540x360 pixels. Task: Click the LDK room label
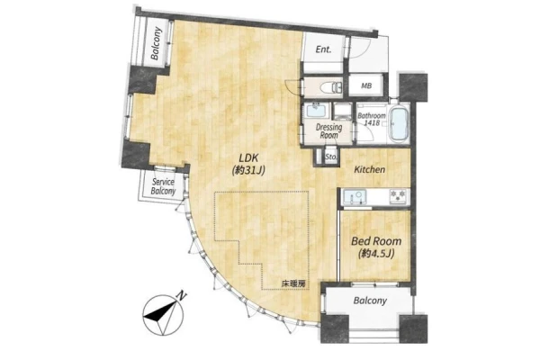(x=249, y=164)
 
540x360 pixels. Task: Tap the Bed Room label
(x=376, y=247)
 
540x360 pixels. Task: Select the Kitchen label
(x=370, y=169)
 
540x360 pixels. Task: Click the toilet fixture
(x=329, y=87)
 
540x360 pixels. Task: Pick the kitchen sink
(x=354, y=197)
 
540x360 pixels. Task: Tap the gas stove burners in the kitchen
(x=399, y=196)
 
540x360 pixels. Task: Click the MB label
(x=366, y=85)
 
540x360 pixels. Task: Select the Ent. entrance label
(x=323, y=49)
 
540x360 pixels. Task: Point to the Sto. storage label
(x=331, y=157)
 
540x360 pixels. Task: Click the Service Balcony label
(x=163, y=186)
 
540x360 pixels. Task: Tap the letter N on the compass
(x=182, y=295)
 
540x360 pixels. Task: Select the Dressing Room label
(x=328, y=131)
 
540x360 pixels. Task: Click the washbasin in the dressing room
(x=316, y=112)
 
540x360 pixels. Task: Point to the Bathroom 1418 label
(x=371, y=119)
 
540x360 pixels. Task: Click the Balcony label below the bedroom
(x=370, y=301)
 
